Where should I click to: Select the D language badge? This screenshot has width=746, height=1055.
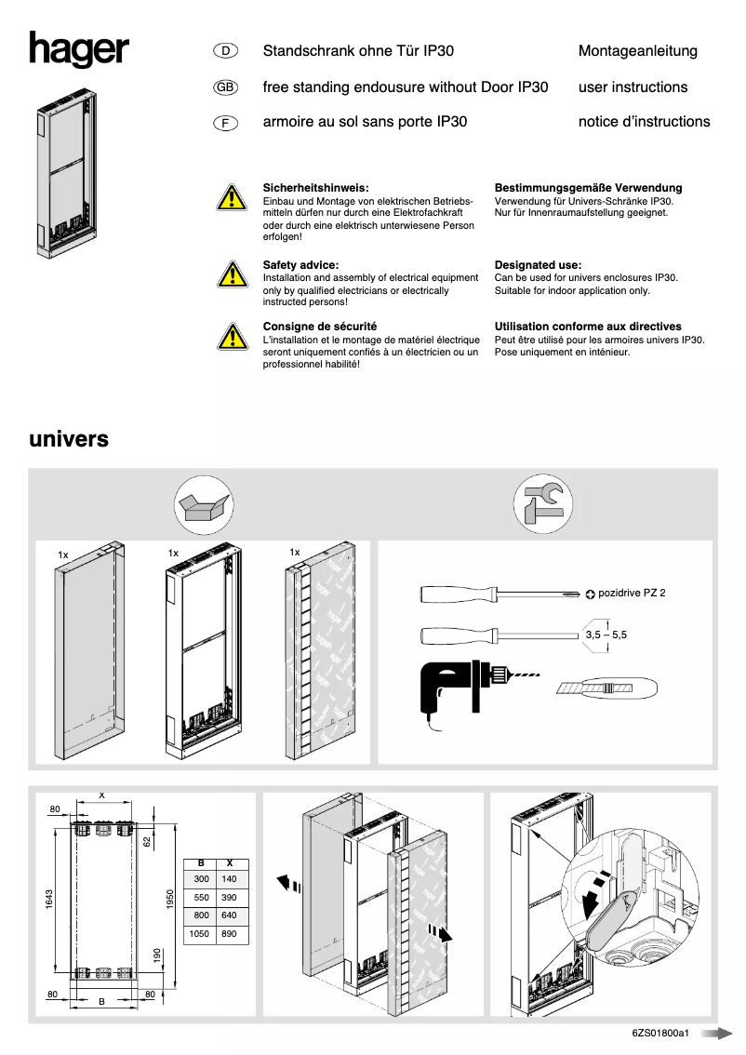226,51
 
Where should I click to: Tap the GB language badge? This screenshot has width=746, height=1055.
226,87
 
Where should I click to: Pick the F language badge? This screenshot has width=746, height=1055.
226,122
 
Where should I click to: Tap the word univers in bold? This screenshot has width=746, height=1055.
69,438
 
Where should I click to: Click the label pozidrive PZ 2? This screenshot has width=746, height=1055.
632,593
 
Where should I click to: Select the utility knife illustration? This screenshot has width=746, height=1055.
608,688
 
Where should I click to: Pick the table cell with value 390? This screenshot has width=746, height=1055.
230,897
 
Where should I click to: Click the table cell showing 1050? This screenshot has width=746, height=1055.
201,933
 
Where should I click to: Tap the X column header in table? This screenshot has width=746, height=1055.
230,862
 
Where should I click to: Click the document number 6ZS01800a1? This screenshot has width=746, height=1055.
659,1033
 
